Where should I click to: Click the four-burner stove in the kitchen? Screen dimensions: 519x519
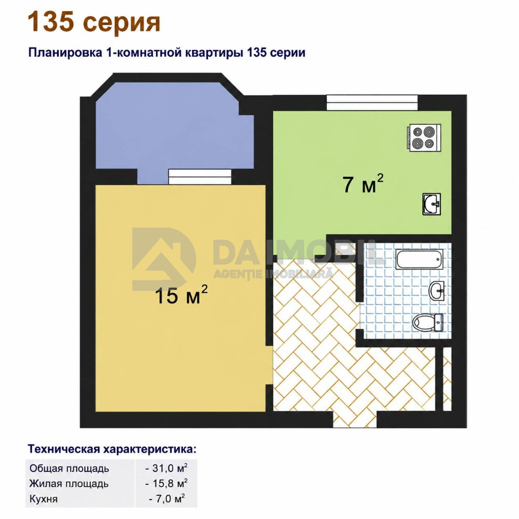pos(425,138)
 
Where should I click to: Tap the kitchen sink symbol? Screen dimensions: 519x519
pos(432,204)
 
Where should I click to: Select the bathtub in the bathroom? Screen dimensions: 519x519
pos(419,259)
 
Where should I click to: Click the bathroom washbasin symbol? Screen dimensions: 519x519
pos(436,291)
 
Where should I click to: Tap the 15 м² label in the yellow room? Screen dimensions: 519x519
pos(181,294)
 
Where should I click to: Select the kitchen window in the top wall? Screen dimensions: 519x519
pos(372,102)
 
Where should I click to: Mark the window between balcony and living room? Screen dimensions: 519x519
pos(200,177)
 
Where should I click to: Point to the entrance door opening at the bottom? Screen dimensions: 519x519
pos(354,419)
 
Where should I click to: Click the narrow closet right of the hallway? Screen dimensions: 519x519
pos(447,379)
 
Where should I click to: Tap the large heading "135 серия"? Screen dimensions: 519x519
pos(94,22)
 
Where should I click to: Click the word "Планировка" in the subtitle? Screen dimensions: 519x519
pos(65,53)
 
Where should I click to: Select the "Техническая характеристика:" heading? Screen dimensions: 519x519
pos(112,449)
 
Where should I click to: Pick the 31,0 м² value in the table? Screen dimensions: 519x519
pos(166,468)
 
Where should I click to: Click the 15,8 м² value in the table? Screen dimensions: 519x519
pos(166,483)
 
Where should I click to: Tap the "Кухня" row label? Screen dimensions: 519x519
pos(44,499)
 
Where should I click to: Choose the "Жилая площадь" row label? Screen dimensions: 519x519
pos(69,484)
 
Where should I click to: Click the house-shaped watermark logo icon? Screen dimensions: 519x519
pos(164,258)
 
